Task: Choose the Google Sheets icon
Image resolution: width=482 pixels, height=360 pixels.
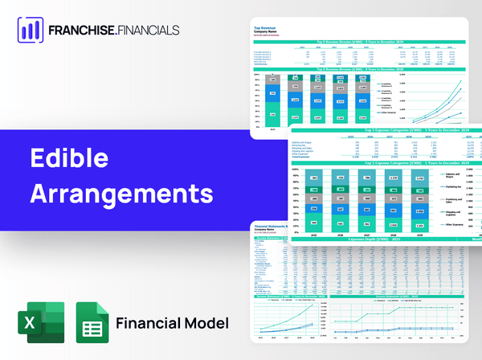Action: (92, 323)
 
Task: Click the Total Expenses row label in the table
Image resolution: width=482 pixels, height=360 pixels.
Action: (304, 158)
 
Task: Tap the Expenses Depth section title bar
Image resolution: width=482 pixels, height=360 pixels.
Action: (378, 239)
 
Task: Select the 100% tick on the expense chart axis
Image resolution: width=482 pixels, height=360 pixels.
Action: (295, 170)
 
